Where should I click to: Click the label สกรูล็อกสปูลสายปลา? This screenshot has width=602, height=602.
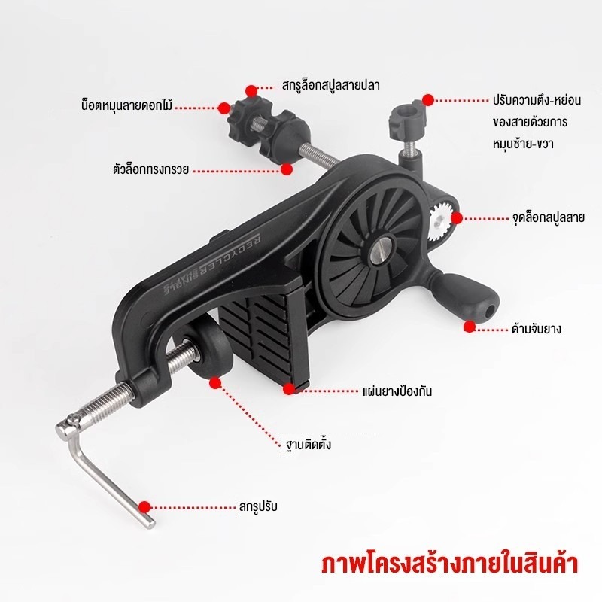pos(331,86)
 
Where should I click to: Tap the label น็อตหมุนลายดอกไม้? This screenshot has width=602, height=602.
pos(127,105)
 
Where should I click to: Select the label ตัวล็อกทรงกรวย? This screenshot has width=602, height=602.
pos(151,169)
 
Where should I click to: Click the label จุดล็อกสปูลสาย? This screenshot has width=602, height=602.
pos(549,217)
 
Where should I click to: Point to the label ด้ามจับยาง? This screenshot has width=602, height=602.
pos(537,329)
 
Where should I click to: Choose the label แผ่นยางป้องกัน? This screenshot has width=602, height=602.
pos(397,391)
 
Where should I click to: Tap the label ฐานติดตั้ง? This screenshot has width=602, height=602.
pos(309,445)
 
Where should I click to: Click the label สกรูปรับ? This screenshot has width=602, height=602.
pos(258,506)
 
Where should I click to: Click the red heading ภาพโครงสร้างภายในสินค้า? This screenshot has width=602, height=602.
pos(449,564)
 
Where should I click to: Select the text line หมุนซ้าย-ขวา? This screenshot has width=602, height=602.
pos(523,144)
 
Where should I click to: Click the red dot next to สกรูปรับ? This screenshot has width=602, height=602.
pos(144,506)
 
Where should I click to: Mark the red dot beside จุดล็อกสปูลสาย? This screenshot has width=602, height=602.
pos(457,218)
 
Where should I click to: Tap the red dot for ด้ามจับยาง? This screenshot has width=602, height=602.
pos(469,327)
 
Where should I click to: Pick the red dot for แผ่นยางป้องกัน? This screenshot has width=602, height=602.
pos(289,389)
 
